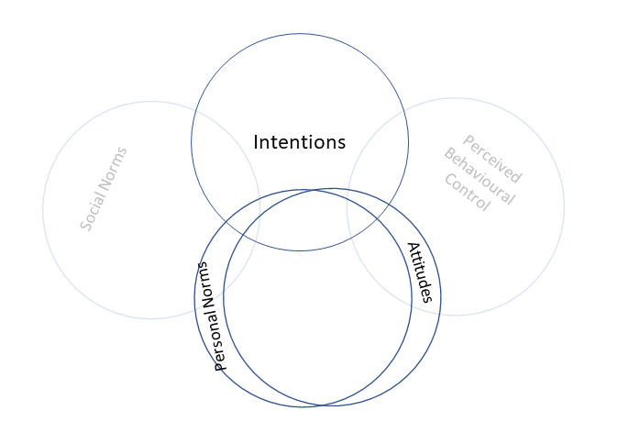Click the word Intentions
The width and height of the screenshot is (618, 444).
tap(299, 142)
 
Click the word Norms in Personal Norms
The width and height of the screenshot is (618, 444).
tap(206, 283)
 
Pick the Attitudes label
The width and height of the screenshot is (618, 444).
tap(419, 272)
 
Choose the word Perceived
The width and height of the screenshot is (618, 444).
tap(492, 159)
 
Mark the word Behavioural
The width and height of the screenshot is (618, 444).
tap(480, 177)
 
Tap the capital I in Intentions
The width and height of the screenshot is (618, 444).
tap(256, 142)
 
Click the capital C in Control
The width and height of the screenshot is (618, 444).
tap(449, 177)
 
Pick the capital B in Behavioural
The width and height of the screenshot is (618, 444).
tap(449, 153)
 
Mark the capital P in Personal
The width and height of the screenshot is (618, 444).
tap(220, 364)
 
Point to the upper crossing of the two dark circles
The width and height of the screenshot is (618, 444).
tap(316, 190)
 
